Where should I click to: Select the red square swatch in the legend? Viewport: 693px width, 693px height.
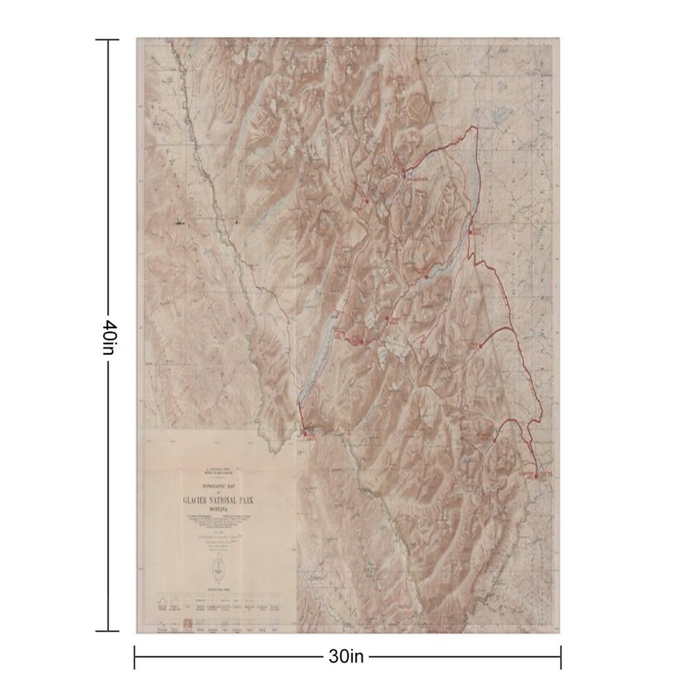(188, 622)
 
